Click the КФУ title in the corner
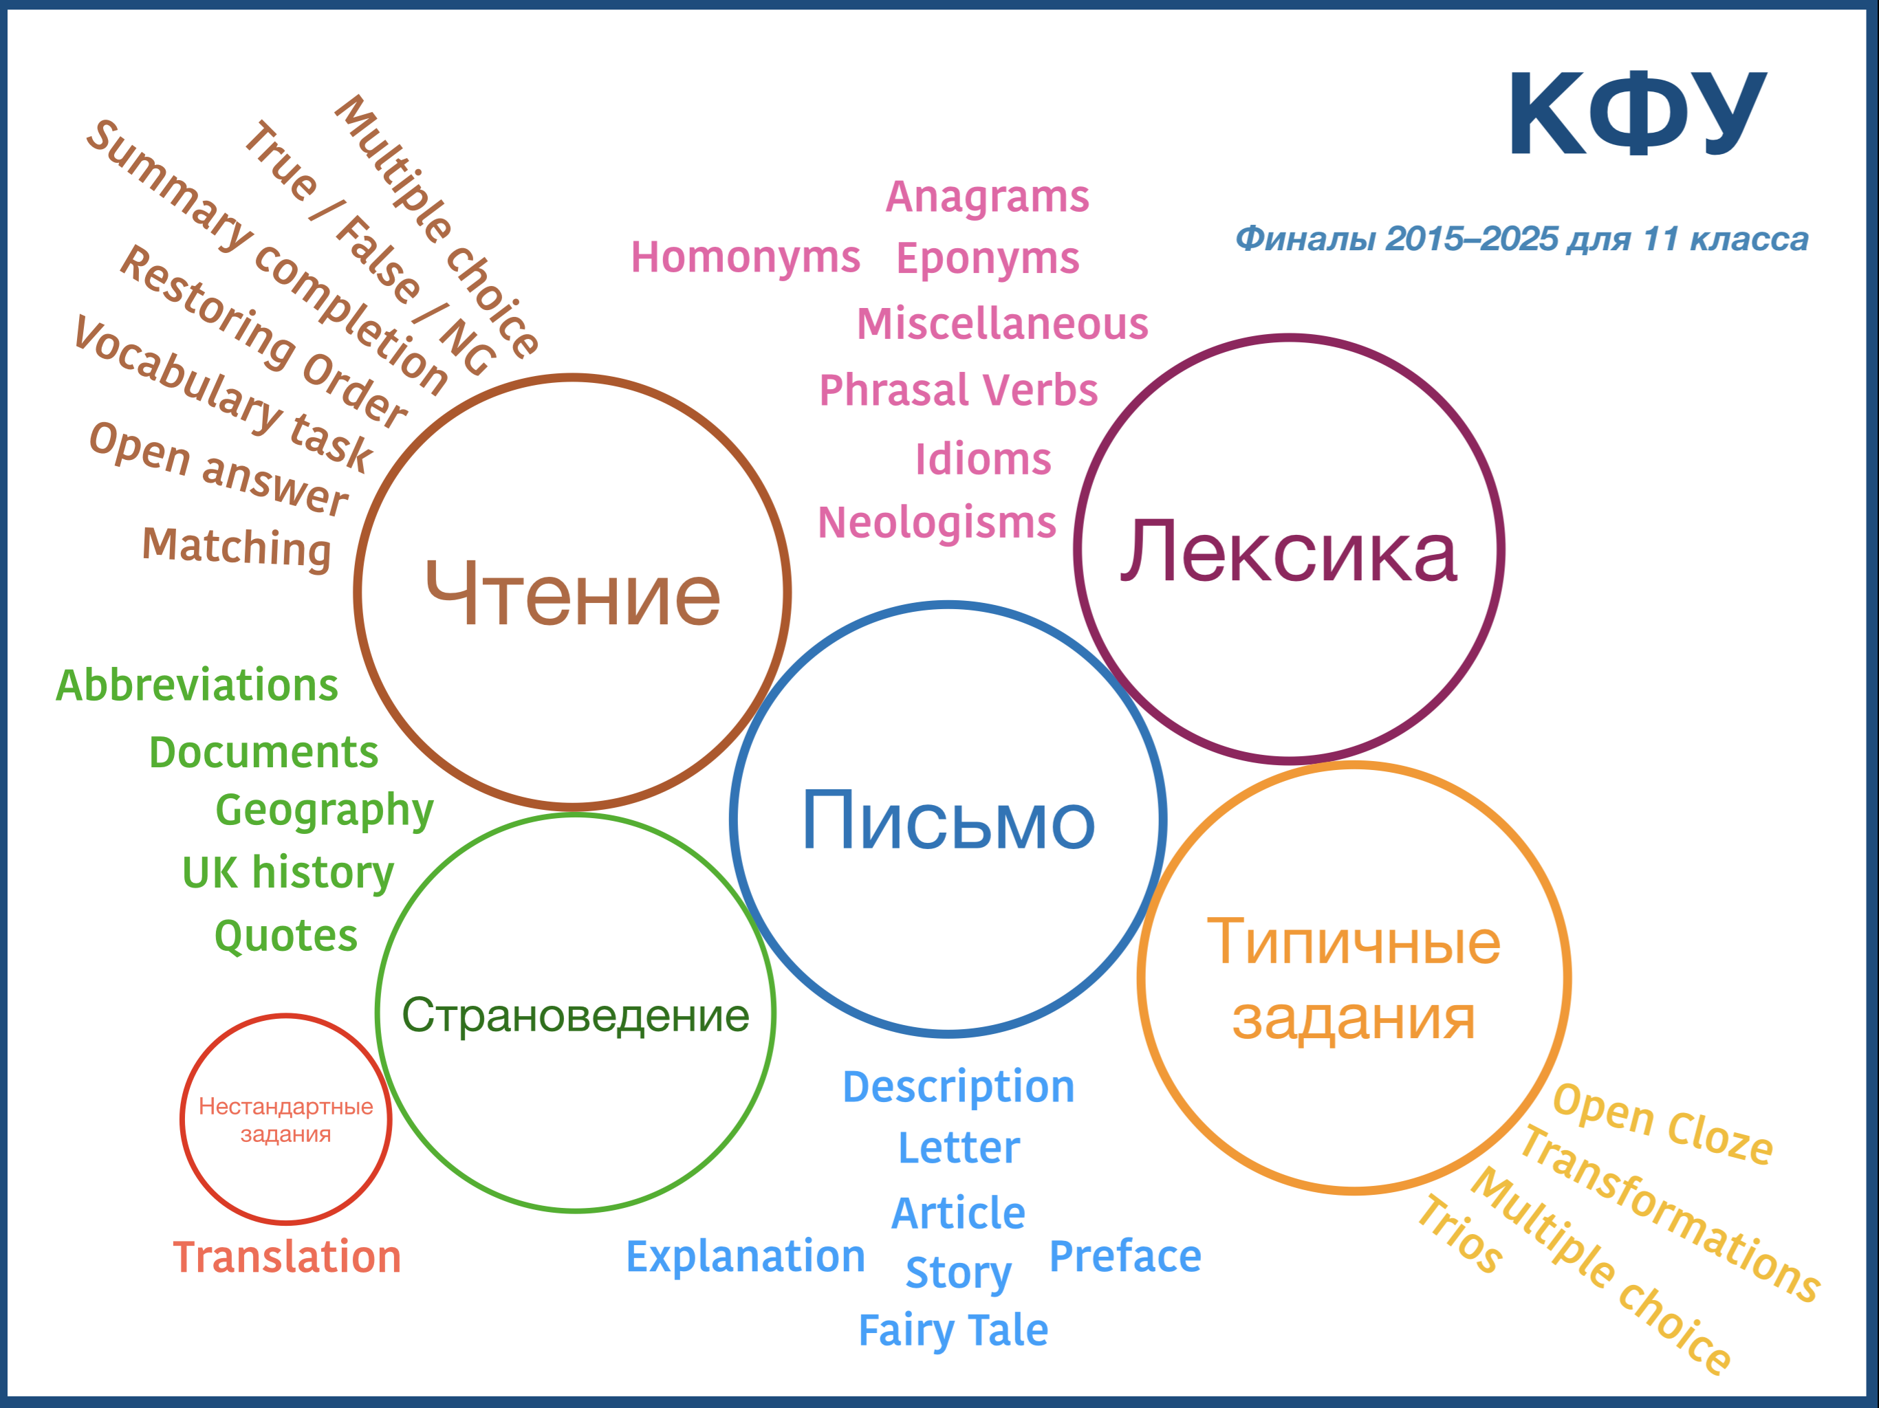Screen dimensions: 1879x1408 point(1637,113)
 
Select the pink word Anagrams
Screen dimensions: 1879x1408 point(987,198)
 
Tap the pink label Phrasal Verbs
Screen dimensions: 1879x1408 point(958,390)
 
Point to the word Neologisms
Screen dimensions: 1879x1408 point(937,523)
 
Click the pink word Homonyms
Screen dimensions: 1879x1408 point(745,257)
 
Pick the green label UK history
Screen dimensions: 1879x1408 point(288,872)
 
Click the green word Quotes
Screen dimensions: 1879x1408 point(286,936)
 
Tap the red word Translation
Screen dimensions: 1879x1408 point(287,1257)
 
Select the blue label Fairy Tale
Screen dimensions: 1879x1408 point(953,1331)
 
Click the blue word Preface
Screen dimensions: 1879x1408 point(1125,1257)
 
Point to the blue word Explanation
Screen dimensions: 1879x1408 point(745,1257)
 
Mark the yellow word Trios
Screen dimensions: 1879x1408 point(1459,1235)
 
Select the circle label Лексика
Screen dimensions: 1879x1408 point(1289,551)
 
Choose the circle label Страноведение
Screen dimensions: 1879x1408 point(575,1015)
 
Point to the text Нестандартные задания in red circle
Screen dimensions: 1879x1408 point(285,1120)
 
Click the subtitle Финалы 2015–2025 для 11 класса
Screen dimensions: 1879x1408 point(1521,239)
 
